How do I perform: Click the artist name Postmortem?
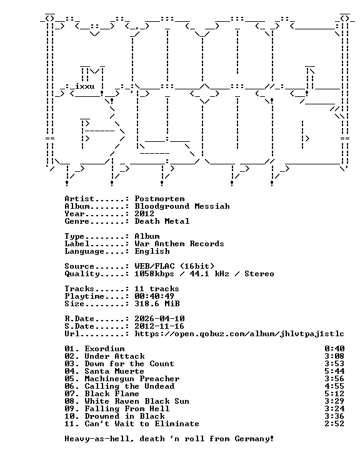click(x=159, y=199)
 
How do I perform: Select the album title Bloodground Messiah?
click(x=182, y=206)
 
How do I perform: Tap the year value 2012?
click(x=144, y=214)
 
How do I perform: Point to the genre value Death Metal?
click(x=162, y=221)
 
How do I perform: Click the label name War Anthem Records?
click(x=179, y=244)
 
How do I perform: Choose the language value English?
click(x=152, y=251)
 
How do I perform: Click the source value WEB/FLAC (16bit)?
click(x=174, y=266)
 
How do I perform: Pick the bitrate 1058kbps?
click(x=154, y=274)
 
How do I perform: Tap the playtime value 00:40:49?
click(x=154, y=296)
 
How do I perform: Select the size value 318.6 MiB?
click(x=157, y=303)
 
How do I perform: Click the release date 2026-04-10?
click(x=159, y=319)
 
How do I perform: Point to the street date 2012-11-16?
click(x=159, y=326)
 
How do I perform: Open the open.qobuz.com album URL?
click(x=239, y=334)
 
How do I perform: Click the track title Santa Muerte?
click(x=114, y=371)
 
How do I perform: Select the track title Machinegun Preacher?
click(x=132, y=379)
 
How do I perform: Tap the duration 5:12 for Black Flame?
click(x=334, y=394)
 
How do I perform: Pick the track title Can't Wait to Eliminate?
click(x=142, y=424)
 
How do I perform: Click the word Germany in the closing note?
click(x=252, y=439)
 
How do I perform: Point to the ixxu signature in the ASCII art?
click(x=85, y=86)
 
